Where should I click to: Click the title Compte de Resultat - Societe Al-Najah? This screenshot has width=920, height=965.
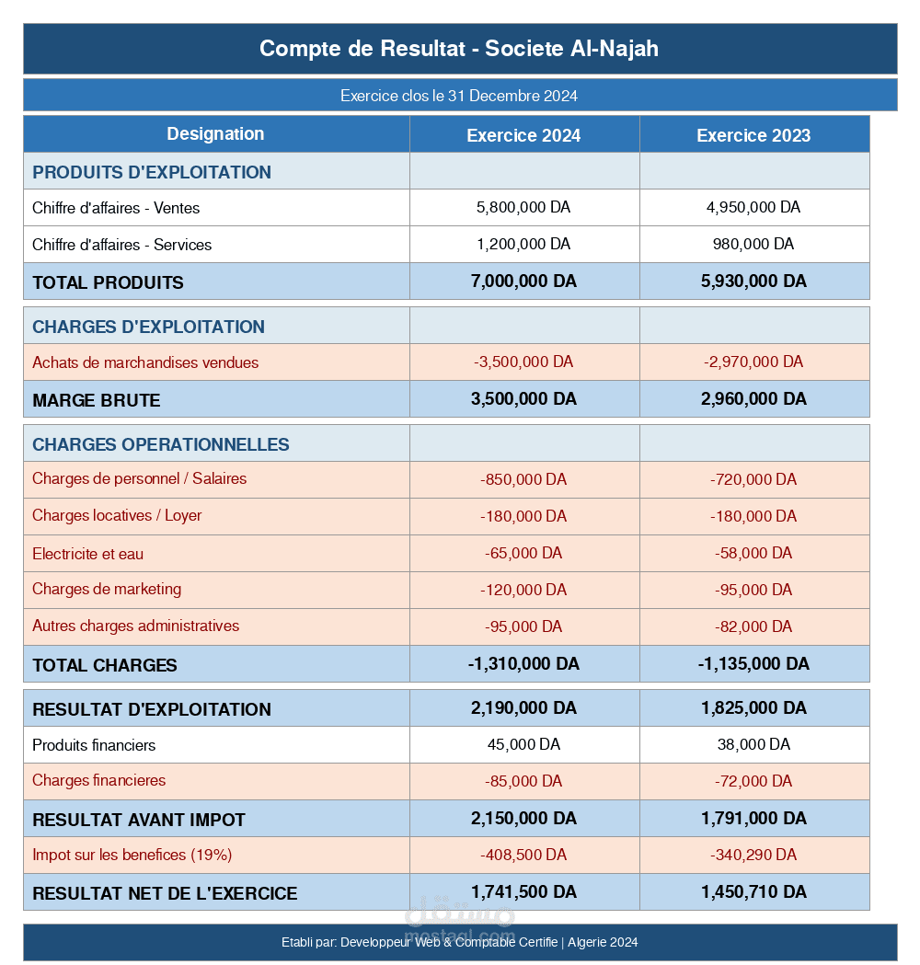tap(459, 49)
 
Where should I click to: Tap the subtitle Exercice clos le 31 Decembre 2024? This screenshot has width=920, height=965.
tap(459, 96)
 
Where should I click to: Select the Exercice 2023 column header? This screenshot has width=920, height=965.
tap(753, 135)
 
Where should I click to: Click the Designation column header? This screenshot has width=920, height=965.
tap(215, 134)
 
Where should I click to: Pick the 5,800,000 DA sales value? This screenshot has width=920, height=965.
tap(523, 208)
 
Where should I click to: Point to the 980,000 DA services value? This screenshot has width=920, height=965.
tap(753, 245)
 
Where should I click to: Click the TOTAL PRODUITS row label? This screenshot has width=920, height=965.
tap(108, 282)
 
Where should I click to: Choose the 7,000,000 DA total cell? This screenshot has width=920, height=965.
tap(523, 281)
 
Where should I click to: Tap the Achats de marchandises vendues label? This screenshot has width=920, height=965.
tap(145, 362)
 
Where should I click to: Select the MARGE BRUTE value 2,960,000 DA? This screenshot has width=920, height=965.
tap(753, 399)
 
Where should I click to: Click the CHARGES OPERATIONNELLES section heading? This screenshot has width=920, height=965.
tap(161, 444)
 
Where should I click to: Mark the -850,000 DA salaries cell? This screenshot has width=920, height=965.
tap(523, 479)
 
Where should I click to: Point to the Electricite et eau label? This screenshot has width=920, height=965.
tap(87, 554)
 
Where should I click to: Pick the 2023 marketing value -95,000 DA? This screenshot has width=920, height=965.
tap(753, 590)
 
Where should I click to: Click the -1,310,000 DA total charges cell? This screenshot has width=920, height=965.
tap(523, 664)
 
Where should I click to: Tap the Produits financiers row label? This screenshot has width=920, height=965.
tap(94, 745)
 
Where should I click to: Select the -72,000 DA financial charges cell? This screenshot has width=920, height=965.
tap(753, 781)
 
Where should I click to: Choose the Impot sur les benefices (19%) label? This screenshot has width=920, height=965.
tap(132, 855)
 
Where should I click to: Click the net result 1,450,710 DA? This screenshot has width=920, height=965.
tap(753, 892)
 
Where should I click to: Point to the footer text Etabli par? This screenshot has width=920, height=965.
tap(459, 942)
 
